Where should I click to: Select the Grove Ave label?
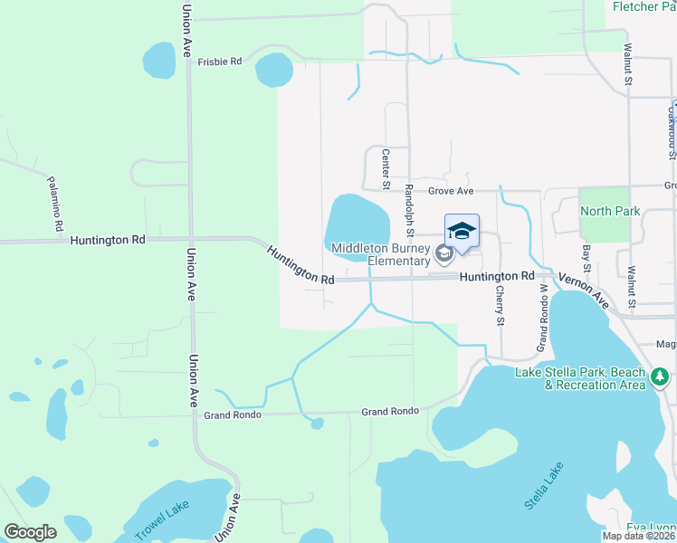[451, 192]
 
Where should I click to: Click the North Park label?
[609, 211]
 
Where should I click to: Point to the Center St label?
[386, 169]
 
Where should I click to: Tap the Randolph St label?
[409, 205]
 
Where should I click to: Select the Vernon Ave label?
[584, 291]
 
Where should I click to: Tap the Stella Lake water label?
[544, 485]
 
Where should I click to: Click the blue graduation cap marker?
[461, 232]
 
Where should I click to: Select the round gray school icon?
[443, 254]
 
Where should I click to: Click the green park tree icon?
[661, 375]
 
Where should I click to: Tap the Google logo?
[30, 532]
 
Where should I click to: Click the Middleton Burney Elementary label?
[380, 254]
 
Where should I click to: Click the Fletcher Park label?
[644, 6]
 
